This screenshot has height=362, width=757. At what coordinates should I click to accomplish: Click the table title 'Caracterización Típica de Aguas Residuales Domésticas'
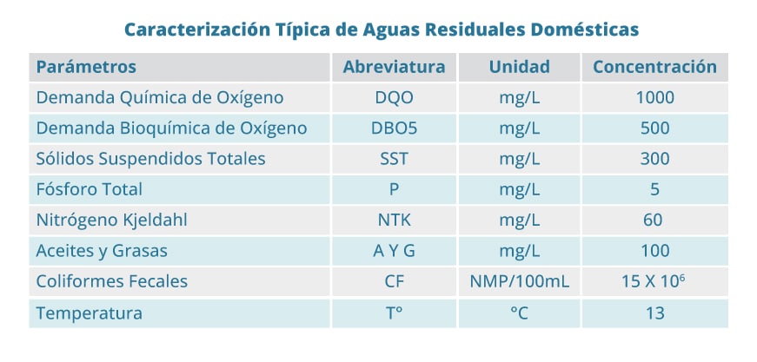coord(381,30)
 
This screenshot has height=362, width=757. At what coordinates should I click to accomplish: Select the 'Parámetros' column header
coord(86,67)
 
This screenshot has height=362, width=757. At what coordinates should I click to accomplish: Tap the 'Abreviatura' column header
coord(394,67)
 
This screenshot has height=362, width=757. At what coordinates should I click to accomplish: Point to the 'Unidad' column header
coord(519,67)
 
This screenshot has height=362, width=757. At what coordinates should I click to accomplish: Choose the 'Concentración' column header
coord(654,67)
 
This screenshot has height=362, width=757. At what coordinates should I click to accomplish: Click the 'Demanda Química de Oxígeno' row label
coord(160,97)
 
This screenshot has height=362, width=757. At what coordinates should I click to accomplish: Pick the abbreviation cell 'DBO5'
coord(394,128)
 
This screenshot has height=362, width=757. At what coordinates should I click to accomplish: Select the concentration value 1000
coord(654,97)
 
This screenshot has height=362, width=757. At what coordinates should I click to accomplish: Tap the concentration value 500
coord(654,128)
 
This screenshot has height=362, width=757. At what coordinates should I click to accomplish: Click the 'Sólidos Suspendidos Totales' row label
coord(150,159)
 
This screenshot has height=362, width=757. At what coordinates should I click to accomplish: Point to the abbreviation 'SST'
coord(394,159)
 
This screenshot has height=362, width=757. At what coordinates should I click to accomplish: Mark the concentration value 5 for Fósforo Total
coord(654,189)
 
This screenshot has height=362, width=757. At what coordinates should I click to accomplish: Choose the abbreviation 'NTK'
coord(394,220)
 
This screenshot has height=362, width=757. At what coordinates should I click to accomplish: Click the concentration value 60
coord(654,220)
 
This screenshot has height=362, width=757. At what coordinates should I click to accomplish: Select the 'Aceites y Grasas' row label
coord(102,251)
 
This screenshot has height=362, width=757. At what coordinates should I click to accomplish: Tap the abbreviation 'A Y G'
coord(394,251)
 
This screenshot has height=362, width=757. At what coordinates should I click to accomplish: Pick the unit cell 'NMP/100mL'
coord(520,282)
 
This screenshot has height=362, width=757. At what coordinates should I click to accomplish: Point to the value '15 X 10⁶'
coord(654,281)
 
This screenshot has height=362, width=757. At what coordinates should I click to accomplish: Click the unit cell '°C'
coord(520,313)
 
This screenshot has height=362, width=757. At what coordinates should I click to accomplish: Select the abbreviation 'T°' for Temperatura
coord(394,313)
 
